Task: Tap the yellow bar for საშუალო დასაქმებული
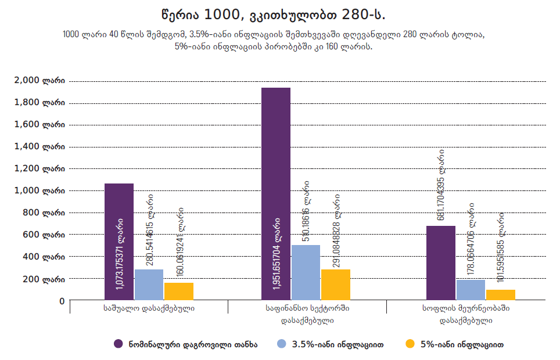pos(179,291)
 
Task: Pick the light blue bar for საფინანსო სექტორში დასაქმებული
pos(306,273)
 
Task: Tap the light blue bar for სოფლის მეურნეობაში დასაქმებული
pos(471,290)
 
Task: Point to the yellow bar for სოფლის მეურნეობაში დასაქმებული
pos(501,295)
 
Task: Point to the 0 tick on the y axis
pos(61,301)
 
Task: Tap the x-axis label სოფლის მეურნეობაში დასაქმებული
pos(466,314)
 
